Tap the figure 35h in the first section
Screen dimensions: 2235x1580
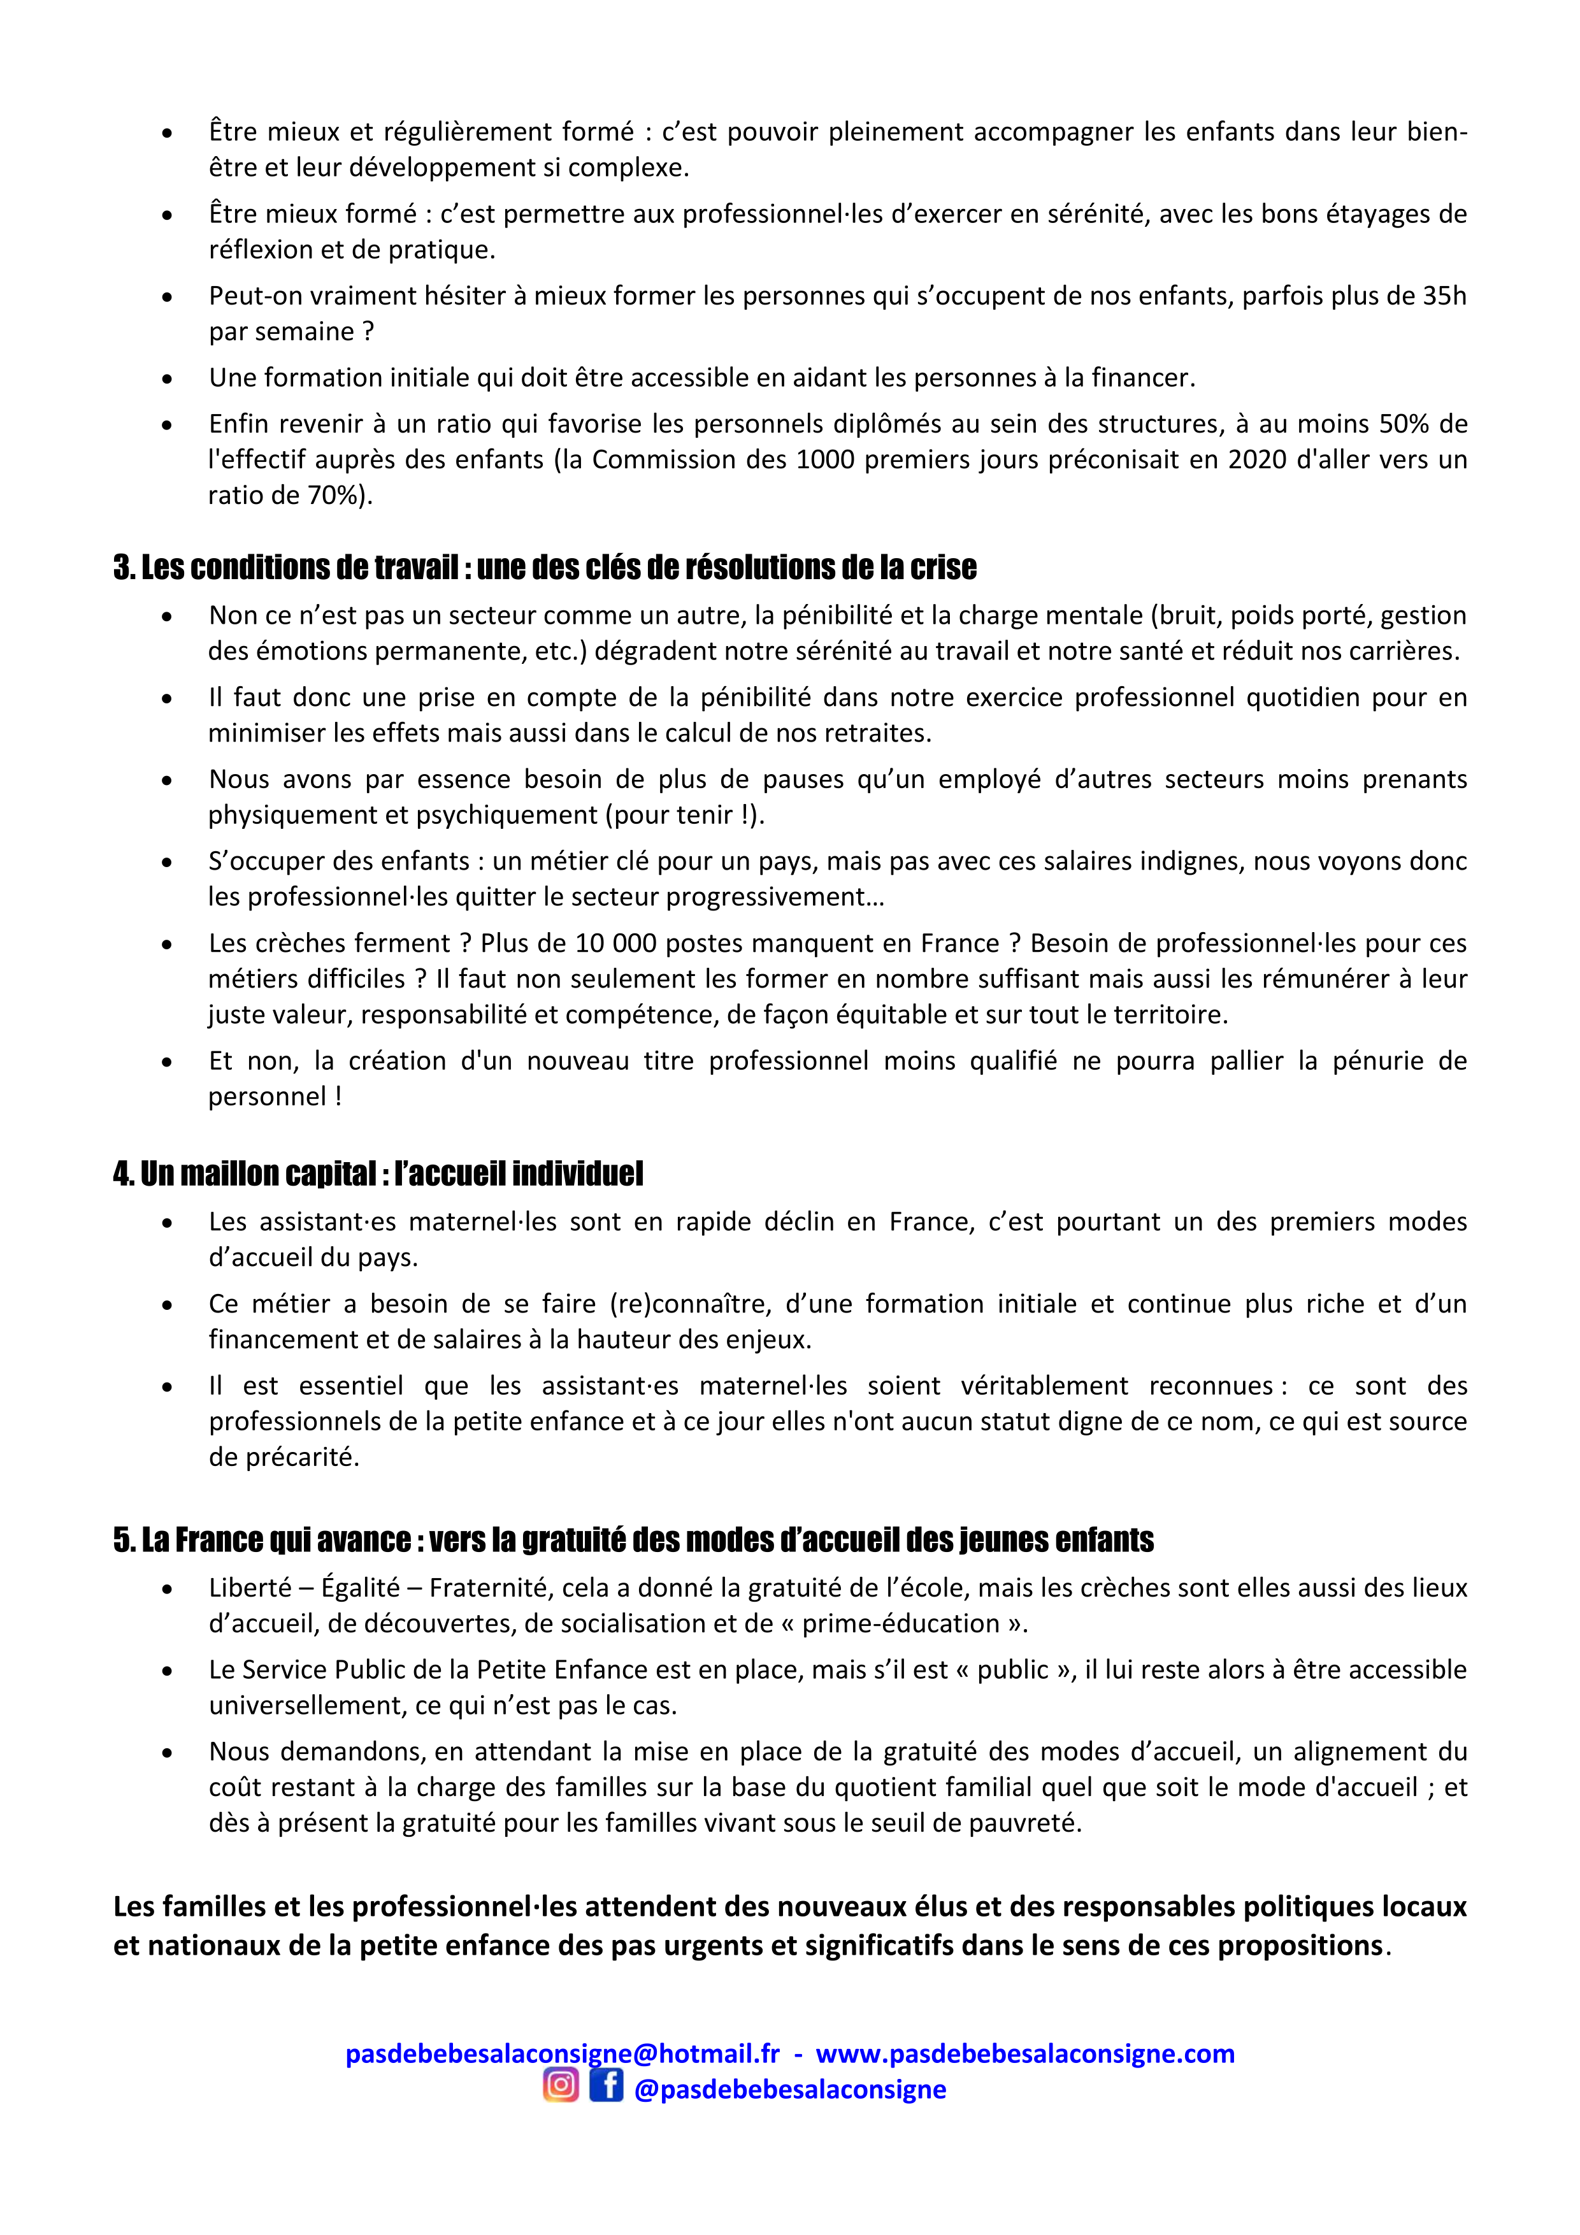click(x=1445, y=296)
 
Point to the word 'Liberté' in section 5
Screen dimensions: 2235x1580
click(x=249, y=1588)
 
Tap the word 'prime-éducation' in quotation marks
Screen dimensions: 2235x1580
click(x=900, y=1623)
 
